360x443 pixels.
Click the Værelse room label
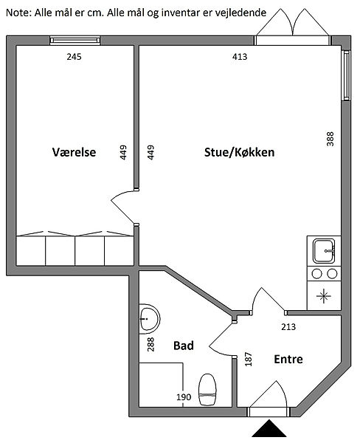pos(74,152)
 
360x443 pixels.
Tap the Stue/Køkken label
pos(240,152)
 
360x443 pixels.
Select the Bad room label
pos(184,346)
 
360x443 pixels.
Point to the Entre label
pos(288,359)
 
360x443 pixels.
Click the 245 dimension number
pos(74,57)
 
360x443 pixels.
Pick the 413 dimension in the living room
pos(240,57)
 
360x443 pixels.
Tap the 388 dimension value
pos(330,139)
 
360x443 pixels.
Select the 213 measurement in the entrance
pos(288,327)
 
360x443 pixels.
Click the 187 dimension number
pos(248,359)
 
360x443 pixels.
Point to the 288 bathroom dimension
pos(150,344)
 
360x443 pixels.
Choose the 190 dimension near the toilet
pos(184,397)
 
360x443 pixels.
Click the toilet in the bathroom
pos(207,389)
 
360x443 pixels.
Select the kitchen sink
pos(324,251)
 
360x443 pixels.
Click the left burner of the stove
pos(316,273)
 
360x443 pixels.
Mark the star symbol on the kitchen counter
pos(324,296)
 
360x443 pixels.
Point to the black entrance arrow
pos(269,428)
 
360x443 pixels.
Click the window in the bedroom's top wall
pos(75,41)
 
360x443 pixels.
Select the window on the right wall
pos(346,75)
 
